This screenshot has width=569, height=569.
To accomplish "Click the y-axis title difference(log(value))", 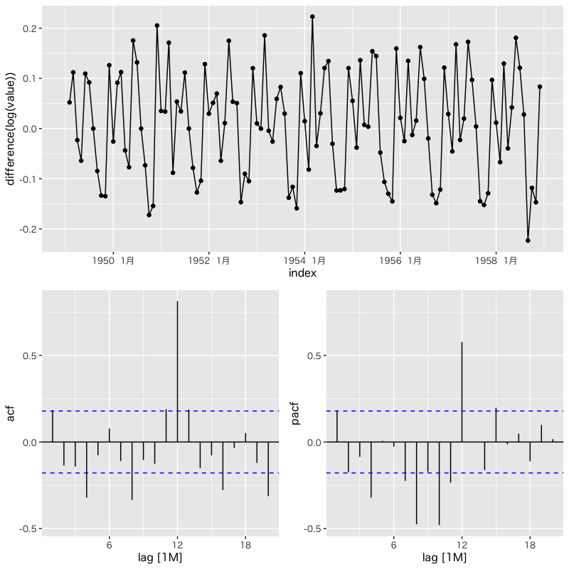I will pos(12,128).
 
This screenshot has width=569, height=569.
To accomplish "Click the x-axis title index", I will pos(302,273).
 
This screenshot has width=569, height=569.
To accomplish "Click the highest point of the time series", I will pos(312,16).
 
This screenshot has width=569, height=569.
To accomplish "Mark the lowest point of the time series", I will pos(528,240).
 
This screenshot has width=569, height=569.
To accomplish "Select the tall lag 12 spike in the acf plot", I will pos(177,370).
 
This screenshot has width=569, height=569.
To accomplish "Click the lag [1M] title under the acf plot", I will pos(160,558).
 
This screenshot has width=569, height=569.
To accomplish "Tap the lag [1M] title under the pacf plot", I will pos(445,558).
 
